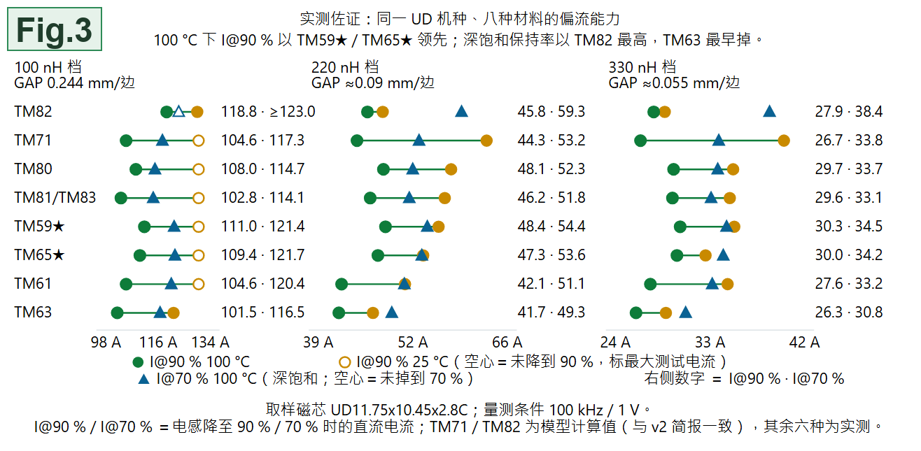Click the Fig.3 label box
pos(55,29)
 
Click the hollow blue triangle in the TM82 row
pos(179,111)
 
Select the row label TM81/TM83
pos(55,198)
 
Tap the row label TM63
pos(34,312)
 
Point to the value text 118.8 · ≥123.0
pos(268,112)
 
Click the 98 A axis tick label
pos(106,342)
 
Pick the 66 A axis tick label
pos(507,342)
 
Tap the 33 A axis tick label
pos(710,342)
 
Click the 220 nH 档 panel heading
pos(345,67)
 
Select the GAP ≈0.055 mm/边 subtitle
pos(674,83)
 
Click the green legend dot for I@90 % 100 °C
pos(138,362)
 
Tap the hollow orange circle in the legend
pos(344,362)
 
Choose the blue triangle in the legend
pos(143,379)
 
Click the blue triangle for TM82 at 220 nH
pos(461,111)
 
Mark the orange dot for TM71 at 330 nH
pos(784,141)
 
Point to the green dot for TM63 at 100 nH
pos(117,313)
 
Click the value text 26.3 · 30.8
pos(849,312)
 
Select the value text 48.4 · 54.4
pos(551,227)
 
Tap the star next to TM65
pos(59,255)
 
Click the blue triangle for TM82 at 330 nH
pos(769,111)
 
